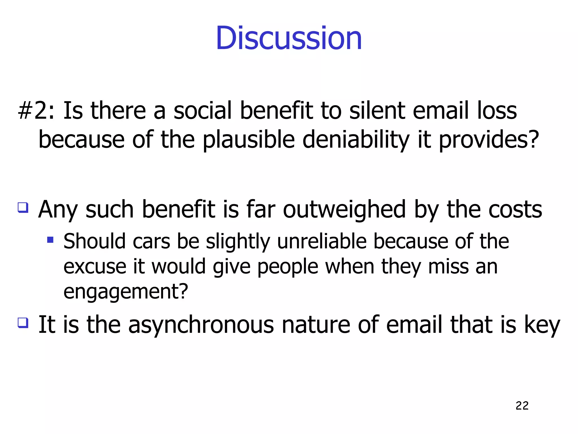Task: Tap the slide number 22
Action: tap(522, 406)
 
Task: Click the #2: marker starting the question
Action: tap(36, 110)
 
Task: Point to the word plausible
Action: tap(249, 140)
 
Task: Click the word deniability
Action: tap(356, 140)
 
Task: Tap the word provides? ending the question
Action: tap(489, 140)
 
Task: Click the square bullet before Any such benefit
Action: tap(23, 208)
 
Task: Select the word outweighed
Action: tap(344, 210)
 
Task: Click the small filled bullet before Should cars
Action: tap(51, 240)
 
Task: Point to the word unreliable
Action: tap(322, 242)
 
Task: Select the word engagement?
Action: tap(126, 292)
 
